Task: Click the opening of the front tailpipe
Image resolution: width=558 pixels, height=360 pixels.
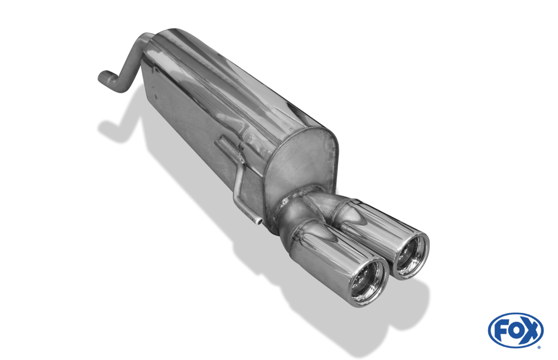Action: [x=369, y=282]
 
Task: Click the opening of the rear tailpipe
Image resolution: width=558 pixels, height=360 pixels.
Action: [x=411, y=256]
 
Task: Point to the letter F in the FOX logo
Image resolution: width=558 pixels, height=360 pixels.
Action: [x=502, y=330]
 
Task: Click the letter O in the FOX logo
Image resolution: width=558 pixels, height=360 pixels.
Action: [x=516, y=330]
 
